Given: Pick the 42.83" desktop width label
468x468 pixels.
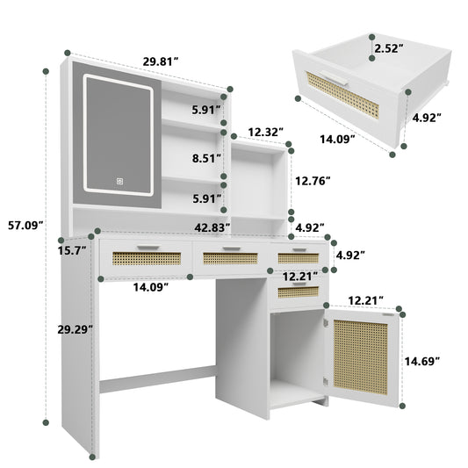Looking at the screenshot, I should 213,227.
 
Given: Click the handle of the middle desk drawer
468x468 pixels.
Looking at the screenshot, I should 230,249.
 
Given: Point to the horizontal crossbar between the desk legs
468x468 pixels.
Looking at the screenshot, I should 158,384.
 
